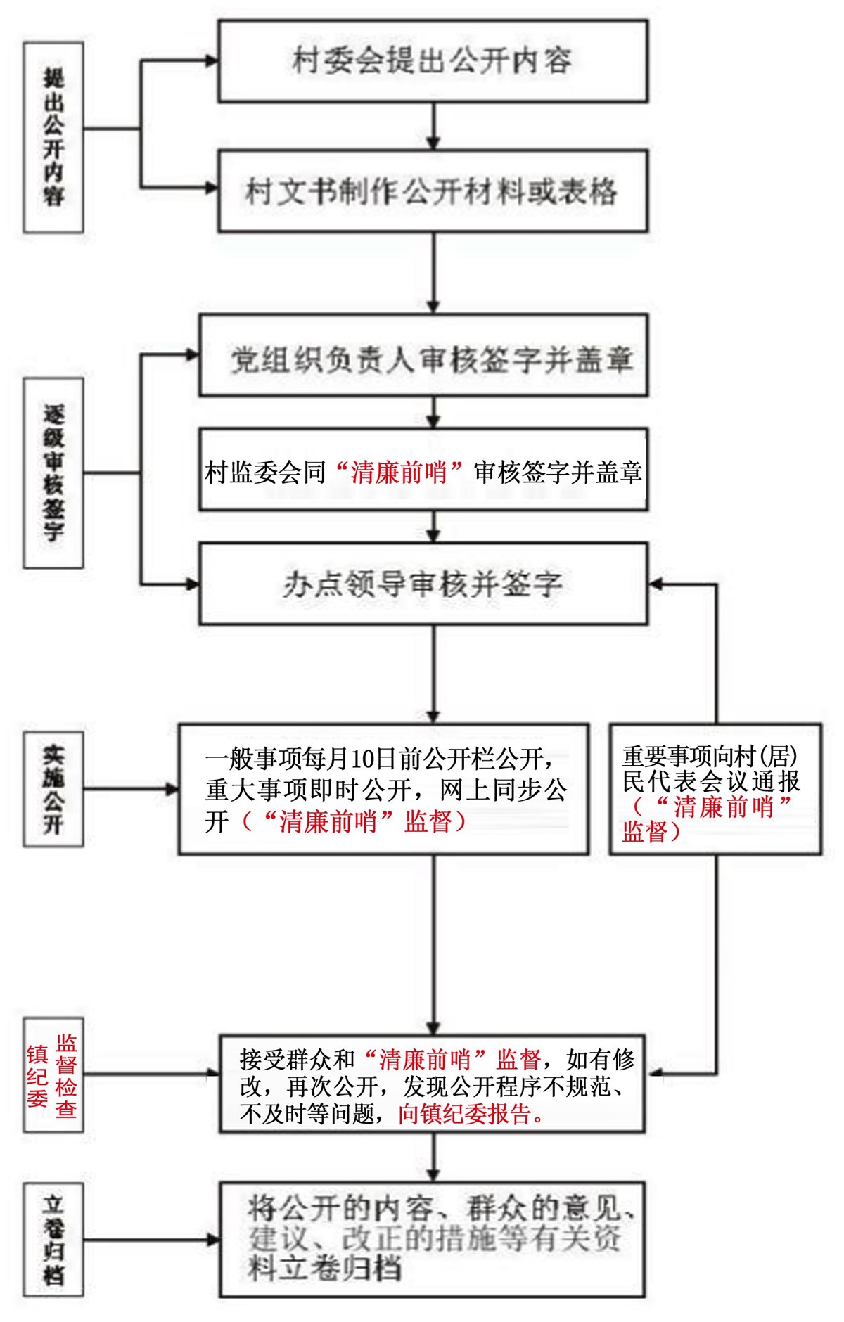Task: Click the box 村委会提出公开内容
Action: (x=433, y=61)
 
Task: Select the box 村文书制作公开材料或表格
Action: (x=433, y=191)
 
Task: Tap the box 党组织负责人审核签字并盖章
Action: (x=423, y=356)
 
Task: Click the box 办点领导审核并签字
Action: (x=423, y=584)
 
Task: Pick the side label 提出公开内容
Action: (x=53, y=137)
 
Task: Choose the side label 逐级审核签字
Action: (x=53, y=473)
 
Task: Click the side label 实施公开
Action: (x=53, y=789)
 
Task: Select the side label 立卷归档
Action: (x=53, y=1239)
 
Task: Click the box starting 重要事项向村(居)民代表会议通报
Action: (x=715, y=789)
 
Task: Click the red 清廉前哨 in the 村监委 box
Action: (x=399, y=472)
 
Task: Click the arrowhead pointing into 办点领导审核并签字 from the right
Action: (x=655, y=584)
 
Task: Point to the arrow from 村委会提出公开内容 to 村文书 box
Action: (x=433, y=127)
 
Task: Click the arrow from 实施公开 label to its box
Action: (x=131, y=789)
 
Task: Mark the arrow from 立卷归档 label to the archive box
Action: (x=151, y=1240)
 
